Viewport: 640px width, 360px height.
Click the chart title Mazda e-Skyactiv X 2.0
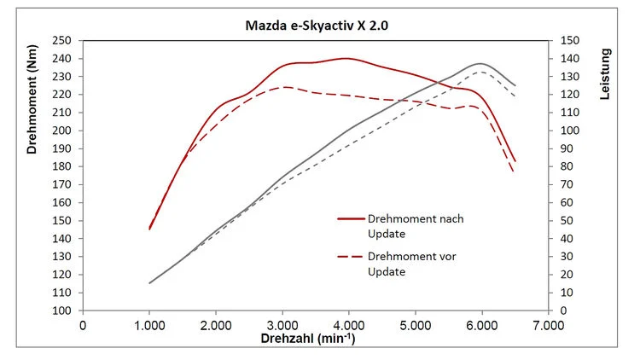317,26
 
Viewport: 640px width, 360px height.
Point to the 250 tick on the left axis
62,41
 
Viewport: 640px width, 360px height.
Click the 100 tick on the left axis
62,311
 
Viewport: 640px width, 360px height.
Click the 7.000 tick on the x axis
548,325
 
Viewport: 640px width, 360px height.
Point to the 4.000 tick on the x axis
348,325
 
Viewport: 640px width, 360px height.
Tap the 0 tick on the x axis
83,325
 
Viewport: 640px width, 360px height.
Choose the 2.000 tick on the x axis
216,325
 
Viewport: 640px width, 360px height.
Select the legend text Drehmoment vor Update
401,264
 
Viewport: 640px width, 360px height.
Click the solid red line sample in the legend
350,218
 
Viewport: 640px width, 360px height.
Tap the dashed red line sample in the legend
350,257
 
